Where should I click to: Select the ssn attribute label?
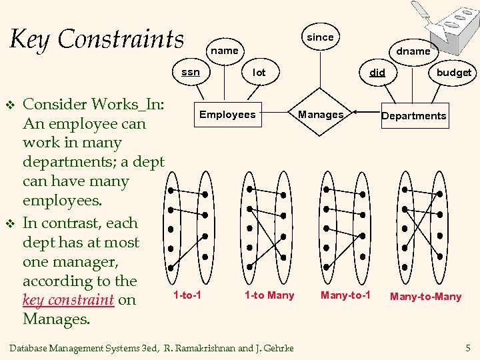[x=191, y=71]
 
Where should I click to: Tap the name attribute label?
[x=224, y=50]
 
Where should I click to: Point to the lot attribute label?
[x=259, y=72]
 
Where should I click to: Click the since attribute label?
[x=320, y=37]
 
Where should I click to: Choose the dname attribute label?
[x=413, y=51]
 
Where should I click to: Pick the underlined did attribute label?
[x=377, y=72]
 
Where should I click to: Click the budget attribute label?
[x=453, y=73]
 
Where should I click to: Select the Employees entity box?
[x=227, y=115]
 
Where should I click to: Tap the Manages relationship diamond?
[x=321, y=115]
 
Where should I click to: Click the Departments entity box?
[x=413, y=115]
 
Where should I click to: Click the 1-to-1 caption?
[x=187, y=295]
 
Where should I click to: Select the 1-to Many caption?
[x=269, y=295]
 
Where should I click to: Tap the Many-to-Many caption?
[x=425, y=296]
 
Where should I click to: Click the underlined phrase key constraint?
[x=68, y=300]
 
